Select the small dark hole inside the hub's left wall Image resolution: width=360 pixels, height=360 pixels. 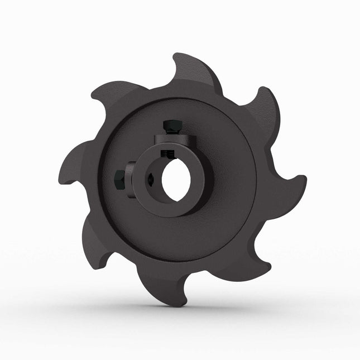click(152, 180)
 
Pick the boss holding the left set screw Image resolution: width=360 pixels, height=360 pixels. click(132, 179)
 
